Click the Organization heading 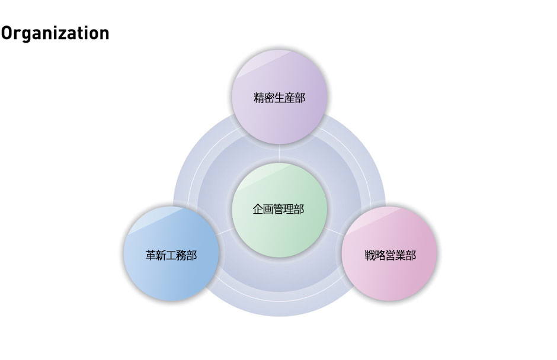click(x=55, y=33)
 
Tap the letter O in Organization click(x=7, y=33)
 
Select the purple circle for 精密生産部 click(x=279, y=97)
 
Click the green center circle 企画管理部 click(x=279, y=210)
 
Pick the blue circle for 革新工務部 click(x=171, y=253)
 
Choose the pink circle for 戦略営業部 click(x=389, y=253)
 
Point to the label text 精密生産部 click(x=280, y=98)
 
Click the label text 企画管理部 click(x=278, y=209)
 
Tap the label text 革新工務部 click(x=171, y=255)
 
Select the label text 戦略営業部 click(x=390, y=255)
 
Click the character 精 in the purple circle click(x=259, y=98)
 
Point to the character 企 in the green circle click(x=258, y=209)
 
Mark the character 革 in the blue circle click(x=151, y=255)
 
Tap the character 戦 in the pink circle click(x=370, y=255)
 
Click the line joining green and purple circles click(x=279, y=153)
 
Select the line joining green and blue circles click(x=225, y=232)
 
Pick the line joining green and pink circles click(x=334, y=232)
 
